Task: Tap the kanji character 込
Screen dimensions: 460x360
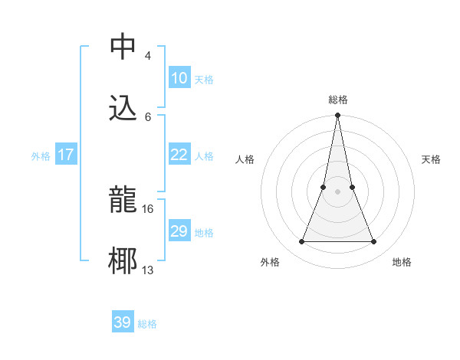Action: click(x=123, y=108)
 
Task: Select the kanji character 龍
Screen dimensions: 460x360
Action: click(x=123, y=200)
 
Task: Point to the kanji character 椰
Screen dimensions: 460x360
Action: click(x=123, y=261)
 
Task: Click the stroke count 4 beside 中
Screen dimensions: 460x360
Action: click(x=147, y=55)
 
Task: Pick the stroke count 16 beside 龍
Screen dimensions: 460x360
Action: click(x=148, y=208)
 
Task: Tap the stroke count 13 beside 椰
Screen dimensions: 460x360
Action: click(x=148, y=270)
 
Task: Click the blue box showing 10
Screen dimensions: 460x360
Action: click(x=179, y=78)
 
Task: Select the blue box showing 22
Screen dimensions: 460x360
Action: click(x=179, y=155)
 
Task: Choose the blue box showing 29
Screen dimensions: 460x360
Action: click(x=179, y=231)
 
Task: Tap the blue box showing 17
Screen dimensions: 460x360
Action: click(x=66, y=155)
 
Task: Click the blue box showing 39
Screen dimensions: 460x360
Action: click(x=122, y=322)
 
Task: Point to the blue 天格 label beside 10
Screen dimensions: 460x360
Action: click(x=204, y=80)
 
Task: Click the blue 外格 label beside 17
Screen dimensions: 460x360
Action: click(x=41, y=156)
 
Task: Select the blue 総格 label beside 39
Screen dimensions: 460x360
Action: click(x=147, y=324)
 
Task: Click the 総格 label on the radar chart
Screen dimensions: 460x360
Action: click(x=338, y=100)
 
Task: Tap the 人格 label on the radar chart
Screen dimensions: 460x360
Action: click(x=245, y=159)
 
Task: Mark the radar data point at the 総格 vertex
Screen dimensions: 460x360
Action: click(x=337, y=116)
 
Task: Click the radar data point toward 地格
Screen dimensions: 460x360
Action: click(x=374, y=242)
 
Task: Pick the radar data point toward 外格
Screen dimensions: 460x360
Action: click(x=301, y=242)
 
